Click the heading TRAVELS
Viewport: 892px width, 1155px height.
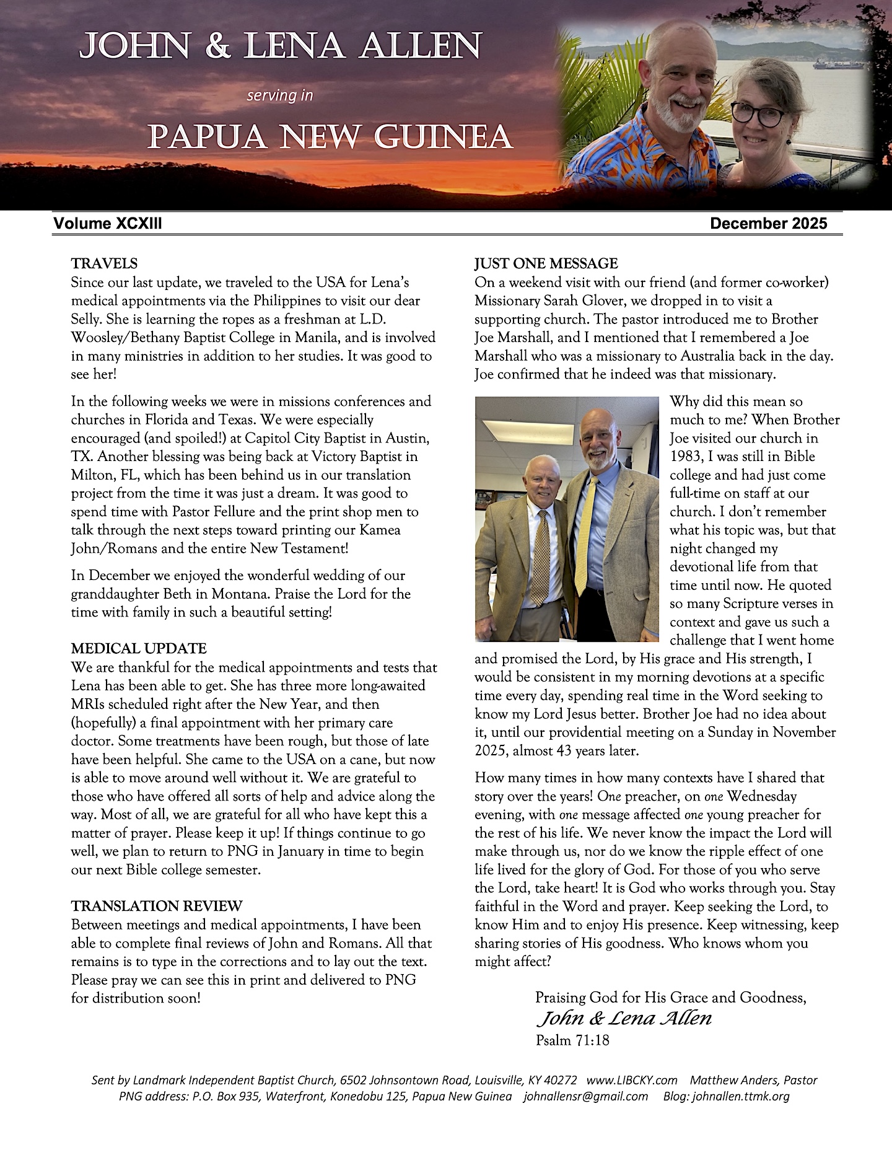[104, 264]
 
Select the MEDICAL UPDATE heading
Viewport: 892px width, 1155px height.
[139, 649]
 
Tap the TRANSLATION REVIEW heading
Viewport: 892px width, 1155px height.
[157, 906]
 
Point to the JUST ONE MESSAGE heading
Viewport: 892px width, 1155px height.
[546, 264]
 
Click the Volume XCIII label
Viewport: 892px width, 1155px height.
[108, 224]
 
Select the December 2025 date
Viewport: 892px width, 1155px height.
[768, 224]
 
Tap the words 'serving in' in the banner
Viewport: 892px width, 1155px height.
[280, 95]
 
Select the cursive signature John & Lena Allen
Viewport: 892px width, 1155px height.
[624, 1018]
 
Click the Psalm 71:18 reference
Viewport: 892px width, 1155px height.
[572, 1040]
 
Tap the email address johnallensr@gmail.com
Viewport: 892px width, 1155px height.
[585, 1096]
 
